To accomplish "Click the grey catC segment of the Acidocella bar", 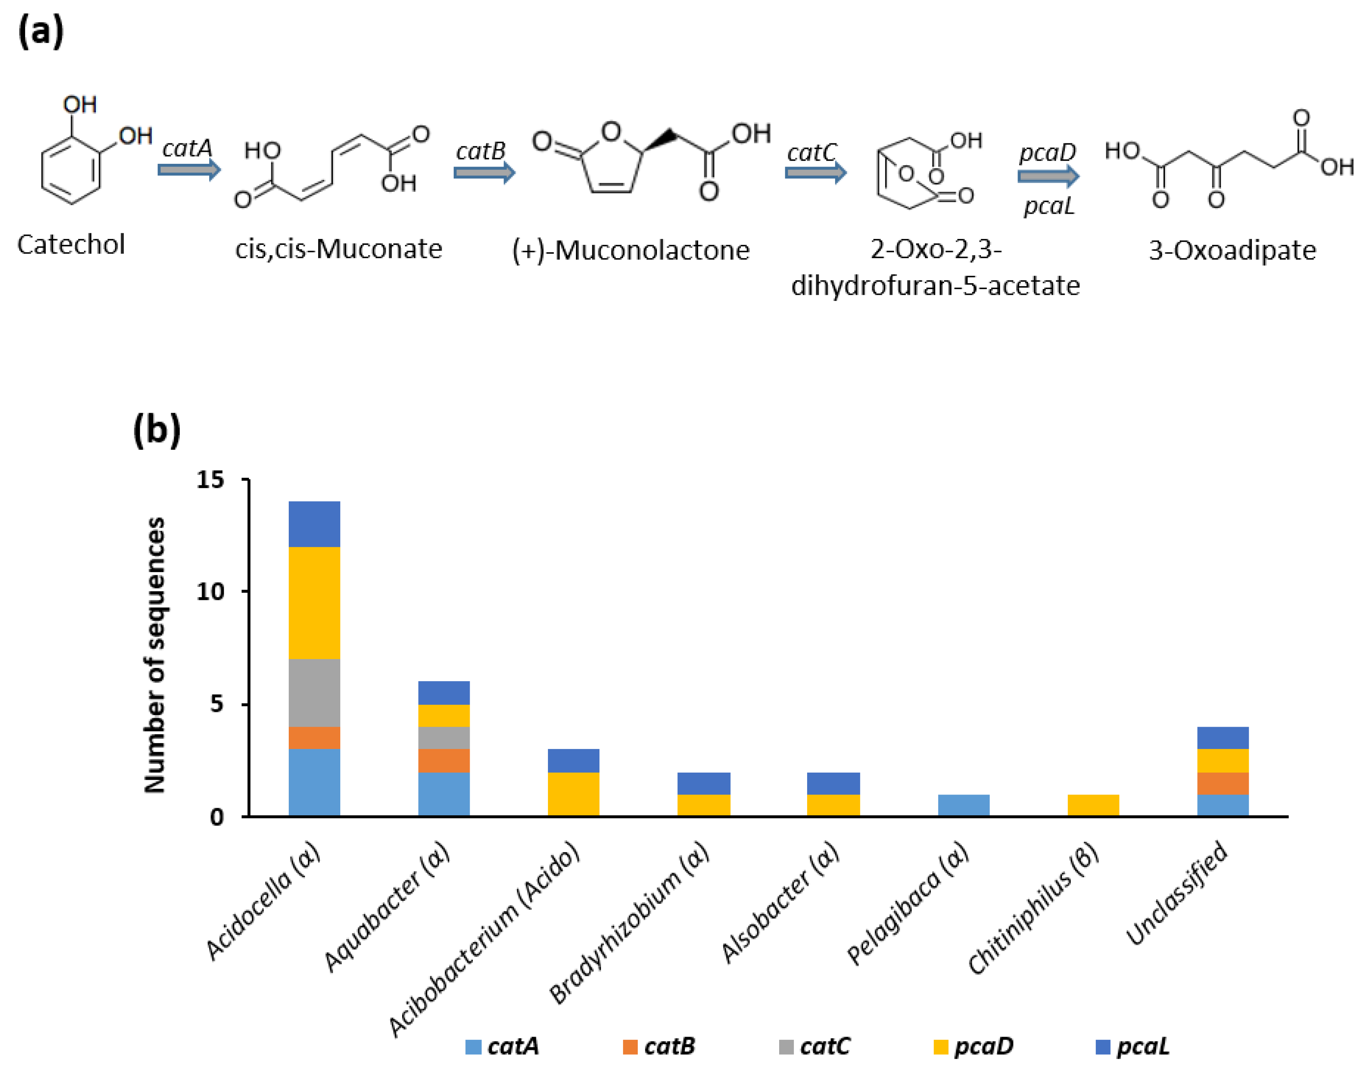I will [314, 693].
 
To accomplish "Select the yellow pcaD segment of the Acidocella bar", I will [314, 602].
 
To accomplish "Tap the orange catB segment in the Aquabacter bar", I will [444, 760].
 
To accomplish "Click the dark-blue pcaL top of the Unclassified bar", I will [1222, 738].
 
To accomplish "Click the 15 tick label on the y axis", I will [210, 480].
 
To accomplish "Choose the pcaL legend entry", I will [1133, 1046].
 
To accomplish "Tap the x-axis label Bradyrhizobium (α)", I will [629, 922].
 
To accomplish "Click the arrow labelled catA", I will [189, 169].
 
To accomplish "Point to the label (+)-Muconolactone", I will [631, 250].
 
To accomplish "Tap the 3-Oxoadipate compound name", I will [1232, 250].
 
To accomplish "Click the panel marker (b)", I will [157, 431].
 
